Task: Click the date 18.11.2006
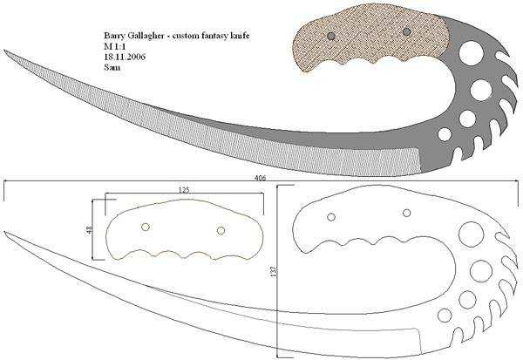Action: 125,57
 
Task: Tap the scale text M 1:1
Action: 114,46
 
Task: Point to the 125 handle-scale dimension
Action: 184,190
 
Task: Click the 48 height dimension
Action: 89,229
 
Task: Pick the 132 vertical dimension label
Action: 275,272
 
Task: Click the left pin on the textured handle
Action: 331,36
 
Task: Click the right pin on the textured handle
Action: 406,31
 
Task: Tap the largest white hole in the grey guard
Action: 472,53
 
